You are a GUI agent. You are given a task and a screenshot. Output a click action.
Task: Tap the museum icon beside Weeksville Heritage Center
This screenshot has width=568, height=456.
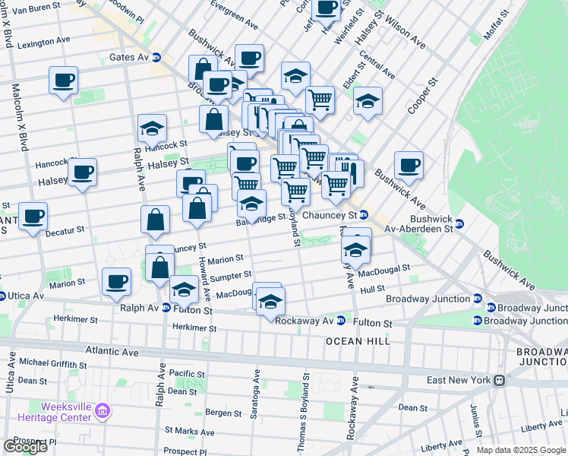click(104, 412)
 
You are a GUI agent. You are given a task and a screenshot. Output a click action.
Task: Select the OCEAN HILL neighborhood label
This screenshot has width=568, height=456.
click(358, 342)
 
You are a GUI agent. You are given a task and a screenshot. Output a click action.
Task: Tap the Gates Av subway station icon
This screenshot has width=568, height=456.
click(157, 57)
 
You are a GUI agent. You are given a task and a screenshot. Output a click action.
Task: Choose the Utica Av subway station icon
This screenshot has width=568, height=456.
click(2, 296)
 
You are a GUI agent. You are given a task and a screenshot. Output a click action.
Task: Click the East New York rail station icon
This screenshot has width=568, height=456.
click(500, 380)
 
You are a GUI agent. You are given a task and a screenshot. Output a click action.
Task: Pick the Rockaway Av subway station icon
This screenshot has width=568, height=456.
click(341, 320)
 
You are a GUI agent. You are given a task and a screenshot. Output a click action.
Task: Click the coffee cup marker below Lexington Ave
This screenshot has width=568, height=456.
click(64, 80)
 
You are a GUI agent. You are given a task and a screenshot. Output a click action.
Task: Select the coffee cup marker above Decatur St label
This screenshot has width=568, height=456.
click(33, 216)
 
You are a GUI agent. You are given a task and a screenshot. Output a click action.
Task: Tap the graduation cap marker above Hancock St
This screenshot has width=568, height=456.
click(153, 128)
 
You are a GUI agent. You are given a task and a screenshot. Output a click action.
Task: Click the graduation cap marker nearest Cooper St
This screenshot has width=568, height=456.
click(368, 101)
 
